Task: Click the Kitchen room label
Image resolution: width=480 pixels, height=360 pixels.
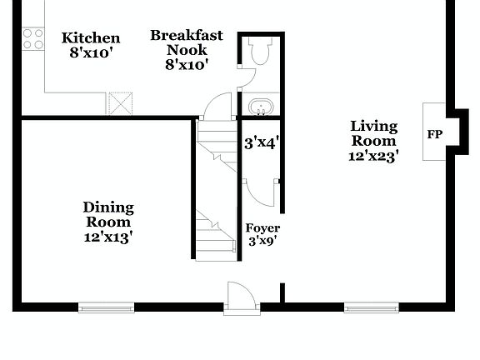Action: [x=92, y=38]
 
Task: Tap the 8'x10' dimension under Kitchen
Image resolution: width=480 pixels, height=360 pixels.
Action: [x=92, y=52]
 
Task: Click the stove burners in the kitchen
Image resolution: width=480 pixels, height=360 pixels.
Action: [x=32, y=37]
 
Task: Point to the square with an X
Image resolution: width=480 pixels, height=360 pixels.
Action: [x=121, y=103]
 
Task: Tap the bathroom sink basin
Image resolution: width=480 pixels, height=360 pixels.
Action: [x=260, y=107]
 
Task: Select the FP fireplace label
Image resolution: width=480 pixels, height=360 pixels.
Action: [x=434, y=133]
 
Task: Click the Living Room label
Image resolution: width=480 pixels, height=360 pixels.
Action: [x=373, y=133]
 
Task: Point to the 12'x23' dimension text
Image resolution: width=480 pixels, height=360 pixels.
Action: [x=373, y=155]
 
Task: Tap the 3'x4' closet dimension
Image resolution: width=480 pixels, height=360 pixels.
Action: [x=260, y=142]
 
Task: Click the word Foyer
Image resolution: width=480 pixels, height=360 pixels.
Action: [x=262, y=228]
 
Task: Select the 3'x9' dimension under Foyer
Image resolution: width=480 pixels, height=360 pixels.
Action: [x=262, y=242]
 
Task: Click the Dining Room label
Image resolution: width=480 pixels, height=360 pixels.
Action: [x=107, y=214]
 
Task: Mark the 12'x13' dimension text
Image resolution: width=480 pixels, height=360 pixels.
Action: [x=107, y=237]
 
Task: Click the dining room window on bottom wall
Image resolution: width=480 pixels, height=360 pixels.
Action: [x=106, y=307]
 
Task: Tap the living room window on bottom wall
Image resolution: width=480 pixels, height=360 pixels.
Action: [x=372, y=307]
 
